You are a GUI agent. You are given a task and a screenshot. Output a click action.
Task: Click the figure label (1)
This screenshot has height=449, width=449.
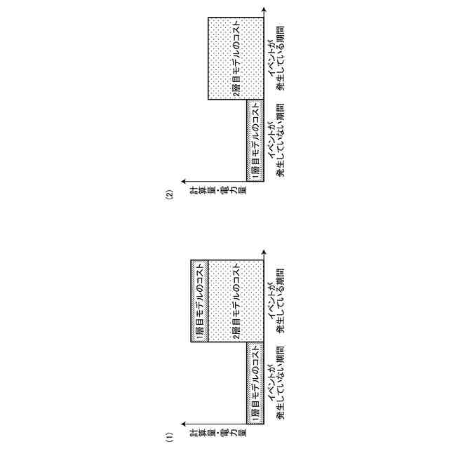point(168,438)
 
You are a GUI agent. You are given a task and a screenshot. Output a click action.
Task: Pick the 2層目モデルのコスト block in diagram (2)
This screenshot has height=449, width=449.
point(236,59)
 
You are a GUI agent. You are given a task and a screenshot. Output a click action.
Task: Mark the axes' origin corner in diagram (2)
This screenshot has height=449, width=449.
point(265,181)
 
